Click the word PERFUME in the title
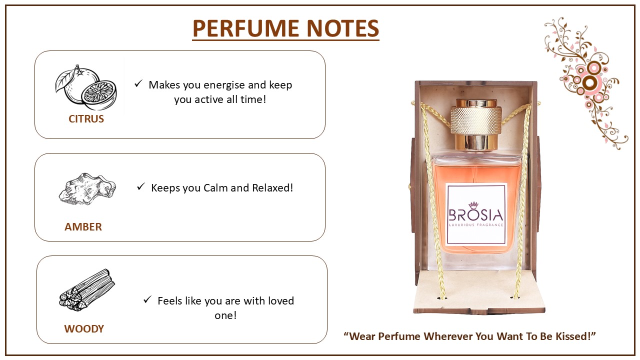245,28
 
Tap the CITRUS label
86,119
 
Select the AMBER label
83,227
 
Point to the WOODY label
84,329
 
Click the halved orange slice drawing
99,94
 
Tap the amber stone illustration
87,188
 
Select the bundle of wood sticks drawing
87,290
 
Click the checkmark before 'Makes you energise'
138,83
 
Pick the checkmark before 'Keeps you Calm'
141,186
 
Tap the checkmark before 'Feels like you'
147,299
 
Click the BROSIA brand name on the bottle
475,215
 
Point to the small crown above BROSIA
473,205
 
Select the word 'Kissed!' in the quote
575,336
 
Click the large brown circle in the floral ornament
590,82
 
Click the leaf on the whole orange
64,80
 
